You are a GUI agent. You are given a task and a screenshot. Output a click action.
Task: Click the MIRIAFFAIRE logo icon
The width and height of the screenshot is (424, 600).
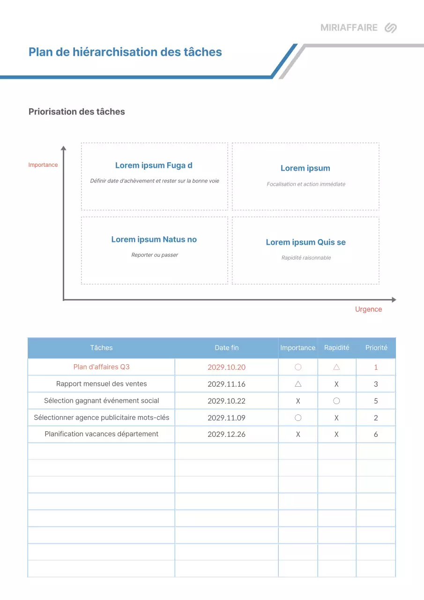click(x=390, y=28)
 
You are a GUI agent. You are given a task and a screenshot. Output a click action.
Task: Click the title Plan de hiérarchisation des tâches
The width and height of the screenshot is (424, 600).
click(x=125, y=52)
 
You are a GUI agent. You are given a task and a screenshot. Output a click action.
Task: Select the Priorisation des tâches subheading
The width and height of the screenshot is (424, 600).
click(x=77, y=112)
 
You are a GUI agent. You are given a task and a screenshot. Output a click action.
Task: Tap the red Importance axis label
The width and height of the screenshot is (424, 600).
click(x=43, y=165)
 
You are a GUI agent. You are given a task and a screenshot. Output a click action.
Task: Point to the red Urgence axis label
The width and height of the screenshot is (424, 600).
click(x=368, y=309)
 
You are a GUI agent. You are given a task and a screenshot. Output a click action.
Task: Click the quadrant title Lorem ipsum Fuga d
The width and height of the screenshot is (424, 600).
click(x=154, y=165)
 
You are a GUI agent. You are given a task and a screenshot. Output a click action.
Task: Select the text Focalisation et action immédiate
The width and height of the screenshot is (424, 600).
click(x=306, y=184)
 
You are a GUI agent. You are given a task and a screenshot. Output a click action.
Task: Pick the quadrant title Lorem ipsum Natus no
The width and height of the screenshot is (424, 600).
click(x=154, y=240)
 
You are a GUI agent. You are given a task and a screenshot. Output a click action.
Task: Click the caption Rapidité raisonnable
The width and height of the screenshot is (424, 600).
click(x=306, y=258)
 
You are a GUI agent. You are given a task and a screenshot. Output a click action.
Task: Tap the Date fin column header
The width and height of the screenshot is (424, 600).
click(x=227, y=348)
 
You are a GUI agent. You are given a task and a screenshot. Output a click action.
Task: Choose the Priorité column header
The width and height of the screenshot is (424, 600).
click(x=376, y=348)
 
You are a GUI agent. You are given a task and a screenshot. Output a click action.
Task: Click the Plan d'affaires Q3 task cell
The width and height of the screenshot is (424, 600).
click(x=101, y=367)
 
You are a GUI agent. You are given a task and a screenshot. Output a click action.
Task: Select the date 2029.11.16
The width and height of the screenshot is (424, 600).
click(x=227, y=384)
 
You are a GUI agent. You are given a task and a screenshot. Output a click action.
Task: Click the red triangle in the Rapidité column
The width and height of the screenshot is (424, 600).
click(x=336, y=367)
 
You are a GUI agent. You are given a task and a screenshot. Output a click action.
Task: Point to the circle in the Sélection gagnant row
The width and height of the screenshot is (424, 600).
click(x=336, y=401)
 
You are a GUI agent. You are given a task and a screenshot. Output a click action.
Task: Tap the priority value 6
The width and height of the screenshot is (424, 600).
click(x=376, y=435)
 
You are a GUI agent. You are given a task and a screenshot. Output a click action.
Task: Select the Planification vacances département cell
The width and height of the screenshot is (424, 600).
click(x=101, y=434)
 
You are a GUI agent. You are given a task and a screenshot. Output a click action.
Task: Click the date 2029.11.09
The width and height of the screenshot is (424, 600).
click(x=227, y=418)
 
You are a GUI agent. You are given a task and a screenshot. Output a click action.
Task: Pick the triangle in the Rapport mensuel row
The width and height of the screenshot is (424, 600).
click(x=298, y=384)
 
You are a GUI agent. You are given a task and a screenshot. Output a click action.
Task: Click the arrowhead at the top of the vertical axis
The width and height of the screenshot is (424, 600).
click(x=64, y=148)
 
